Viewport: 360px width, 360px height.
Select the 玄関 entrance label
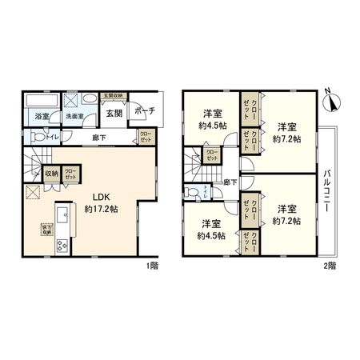[x=114, y=114]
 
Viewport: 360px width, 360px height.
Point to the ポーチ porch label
[x=145, y=110]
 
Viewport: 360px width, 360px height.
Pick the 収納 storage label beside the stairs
[x=51, y=171]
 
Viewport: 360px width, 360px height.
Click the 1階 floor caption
[x=152, y=265]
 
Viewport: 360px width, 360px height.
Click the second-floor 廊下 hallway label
[x=230, y=182]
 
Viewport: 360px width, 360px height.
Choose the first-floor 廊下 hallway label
[x=98, y=137]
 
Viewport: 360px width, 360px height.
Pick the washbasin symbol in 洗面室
[x=70, y=99]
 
